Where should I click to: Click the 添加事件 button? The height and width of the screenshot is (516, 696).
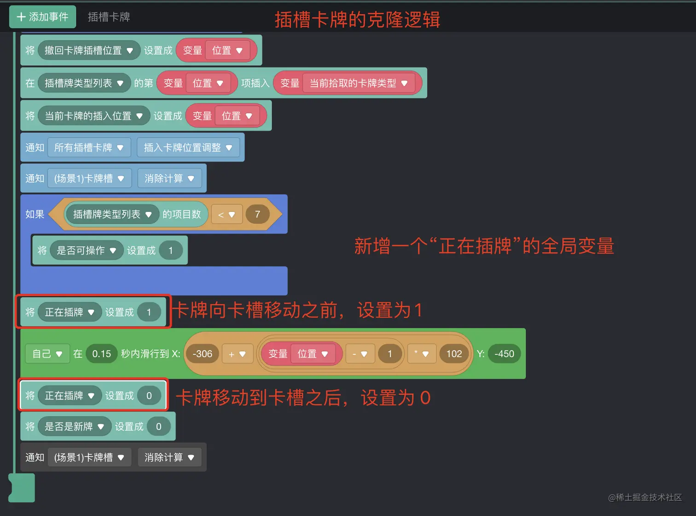(x=42, y=17)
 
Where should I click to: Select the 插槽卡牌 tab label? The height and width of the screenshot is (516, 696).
(x=109, y=17)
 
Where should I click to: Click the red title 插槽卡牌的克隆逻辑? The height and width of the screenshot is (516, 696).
(x=357, y=20)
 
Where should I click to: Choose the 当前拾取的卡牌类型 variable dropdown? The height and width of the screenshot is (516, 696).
(x=359, y=83)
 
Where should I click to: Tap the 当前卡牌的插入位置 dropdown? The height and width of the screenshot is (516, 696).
(x=93, y=116)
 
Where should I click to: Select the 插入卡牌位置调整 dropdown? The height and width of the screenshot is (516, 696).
(x=188, y=147)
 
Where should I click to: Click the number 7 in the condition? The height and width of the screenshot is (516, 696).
(x=257, y=214)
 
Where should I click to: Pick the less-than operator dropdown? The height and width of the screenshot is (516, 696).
(x=226, y=215)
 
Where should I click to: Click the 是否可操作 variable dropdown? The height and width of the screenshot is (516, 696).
(x=86, y=250)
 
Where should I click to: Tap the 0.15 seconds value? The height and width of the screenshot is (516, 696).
(x=101, y=354)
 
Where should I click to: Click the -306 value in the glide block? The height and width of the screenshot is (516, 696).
(x=202, y=354)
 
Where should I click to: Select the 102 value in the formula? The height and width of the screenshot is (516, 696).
(x=454, y=354)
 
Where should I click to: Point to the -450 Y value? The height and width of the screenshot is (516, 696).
(x=504, y=354)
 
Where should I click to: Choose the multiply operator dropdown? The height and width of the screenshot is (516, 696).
(x=421, y=354)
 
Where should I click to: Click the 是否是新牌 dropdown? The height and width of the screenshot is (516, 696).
(x=74, y=427)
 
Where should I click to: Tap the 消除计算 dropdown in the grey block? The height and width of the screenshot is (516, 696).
(x=169, y=457)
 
